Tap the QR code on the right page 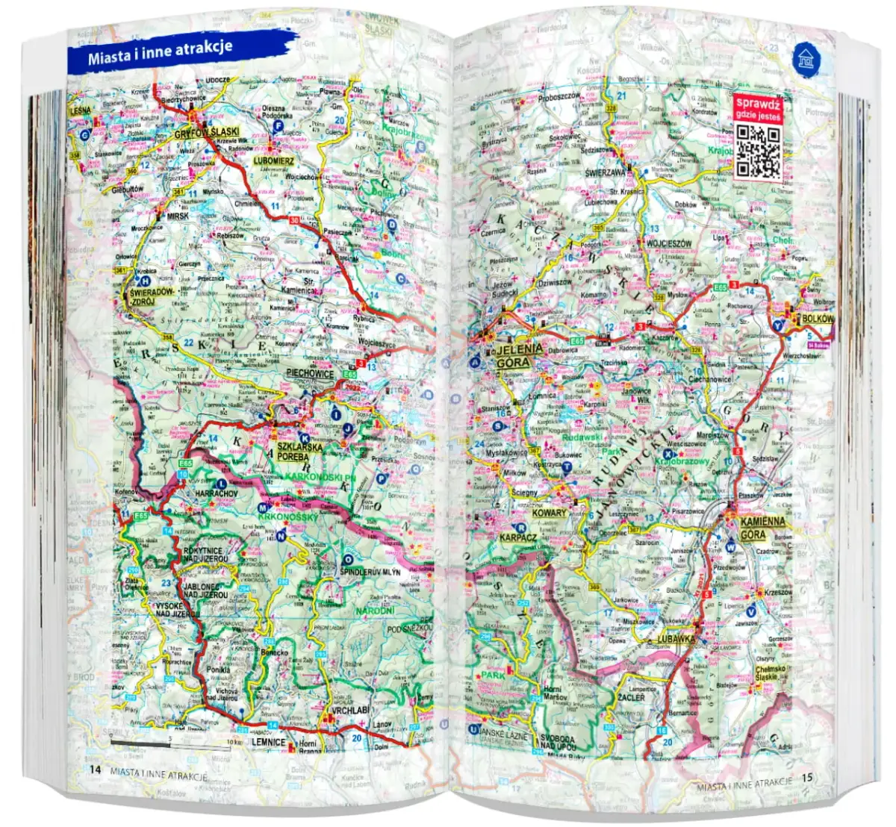coord(758,148)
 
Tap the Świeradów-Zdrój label coord(152,296)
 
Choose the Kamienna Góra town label coord(762,527)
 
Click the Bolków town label coord(816,319)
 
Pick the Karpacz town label coord(518,537)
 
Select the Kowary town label coord(550,514)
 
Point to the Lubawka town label coord(676,640)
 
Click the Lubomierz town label coord(274,160)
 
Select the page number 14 coord(94,770)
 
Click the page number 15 coord(806,778)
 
